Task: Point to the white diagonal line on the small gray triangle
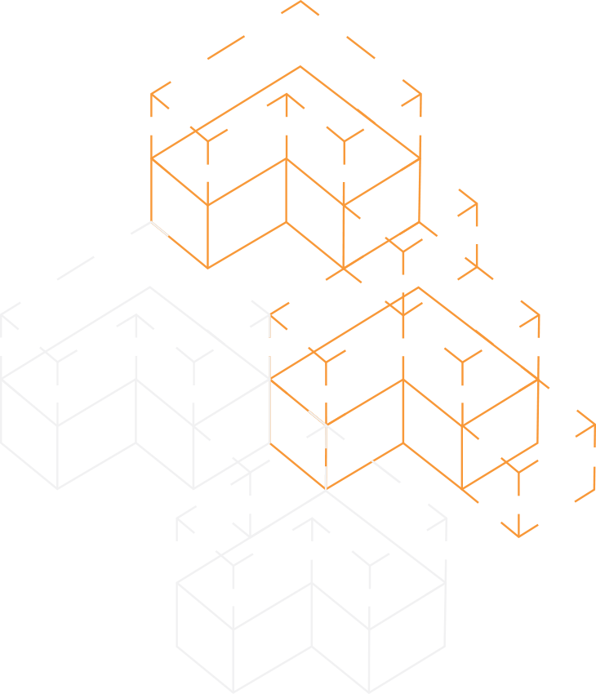159,229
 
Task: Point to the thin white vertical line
325,457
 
